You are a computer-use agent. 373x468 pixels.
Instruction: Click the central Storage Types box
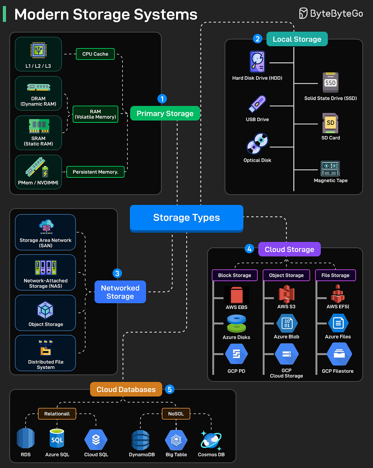(186, 218)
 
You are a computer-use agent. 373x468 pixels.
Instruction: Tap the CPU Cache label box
(95, 54)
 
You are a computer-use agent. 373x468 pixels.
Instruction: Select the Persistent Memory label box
(95, 172)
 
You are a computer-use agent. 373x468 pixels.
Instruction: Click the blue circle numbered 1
(162, 99)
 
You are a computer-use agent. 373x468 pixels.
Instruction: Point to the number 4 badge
(249, 249)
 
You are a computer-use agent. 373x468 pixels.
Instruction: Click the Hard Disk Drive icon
(257, 62)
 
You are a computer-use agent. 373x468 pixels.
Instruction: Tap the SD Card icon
(330, 123)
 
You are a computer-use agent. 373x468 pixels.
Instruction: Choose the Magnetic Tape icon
(330, 168)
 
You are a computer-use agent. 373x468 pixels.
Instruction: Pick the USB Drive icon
(257, 104)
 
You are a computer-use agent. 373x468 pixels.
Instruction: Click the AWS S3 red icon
(287, 294)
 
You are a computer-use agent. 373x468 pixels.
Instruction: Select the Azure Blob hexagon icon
(287, 323)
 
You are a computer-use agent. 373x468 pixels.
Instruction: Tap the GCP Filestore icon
(339, 354)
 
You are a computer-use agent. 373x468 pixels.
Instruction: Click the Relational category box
(57, 414)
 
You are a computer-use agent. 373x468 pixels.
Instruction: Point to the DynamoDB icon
(140, 440)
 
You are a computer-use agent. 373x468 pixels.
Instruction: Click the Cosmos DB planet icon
(211, 440)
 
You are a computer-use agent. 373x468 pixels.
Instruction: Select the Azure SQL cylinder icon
(57, 440)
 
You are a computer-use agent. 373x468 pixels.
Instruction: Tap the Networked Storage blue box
(120, 292)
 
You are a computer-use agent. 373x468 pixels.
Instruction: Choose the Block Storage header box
(235, 275)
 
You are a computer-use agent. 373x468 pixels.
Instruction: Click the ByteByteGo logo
(331, 14)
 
